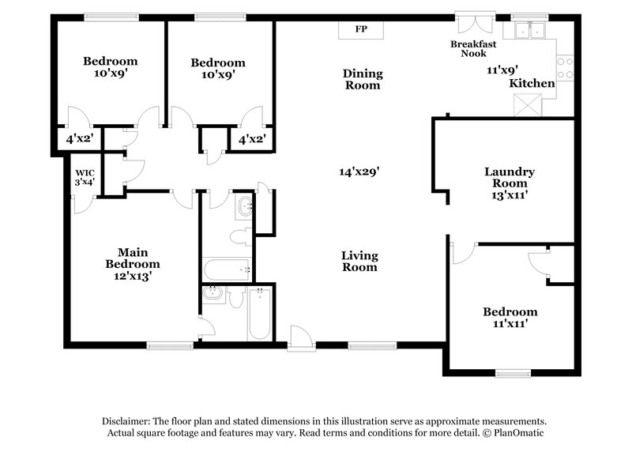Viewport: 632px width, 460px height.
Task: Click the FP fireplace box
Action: pos(361,29)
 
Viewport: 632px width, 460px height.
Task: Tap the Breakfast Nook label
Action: pos(474,49)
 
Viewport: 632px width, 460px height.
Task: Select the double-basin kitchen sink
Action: pos(529,31)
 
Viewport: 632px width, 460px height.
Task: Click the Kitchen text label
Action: pos(532,83)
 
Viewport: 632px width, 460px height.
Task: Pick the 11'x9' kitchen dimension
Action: pos(502,70)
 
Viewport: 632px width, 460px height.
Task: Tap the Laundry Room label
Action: pos(510,177)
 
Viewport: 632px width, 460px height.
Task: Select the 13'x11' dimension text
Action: pos(510,191)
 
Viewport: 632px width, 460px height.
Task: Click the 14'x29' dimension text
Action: pos(360,171)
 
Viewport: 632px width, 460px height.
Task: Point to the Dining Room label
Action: pos(362,79)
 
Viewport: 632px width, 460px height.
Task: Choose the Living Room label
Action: pos(359,261)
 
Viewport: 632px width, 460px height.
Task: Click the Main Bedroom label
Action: pos(133,258)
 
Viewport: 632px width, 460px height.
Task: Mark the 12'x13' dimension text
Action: pos(133,277)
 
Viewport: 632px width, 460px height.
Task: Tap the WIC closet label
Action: pos(85,177)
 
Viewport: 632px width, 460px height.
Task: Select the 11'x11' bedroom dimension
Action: pos(510,323)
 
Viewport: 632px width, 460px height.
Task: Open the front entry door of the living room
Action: pos(300,338)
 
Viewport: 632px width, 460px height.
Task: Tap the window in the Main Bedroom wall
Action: pos(170,345)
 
